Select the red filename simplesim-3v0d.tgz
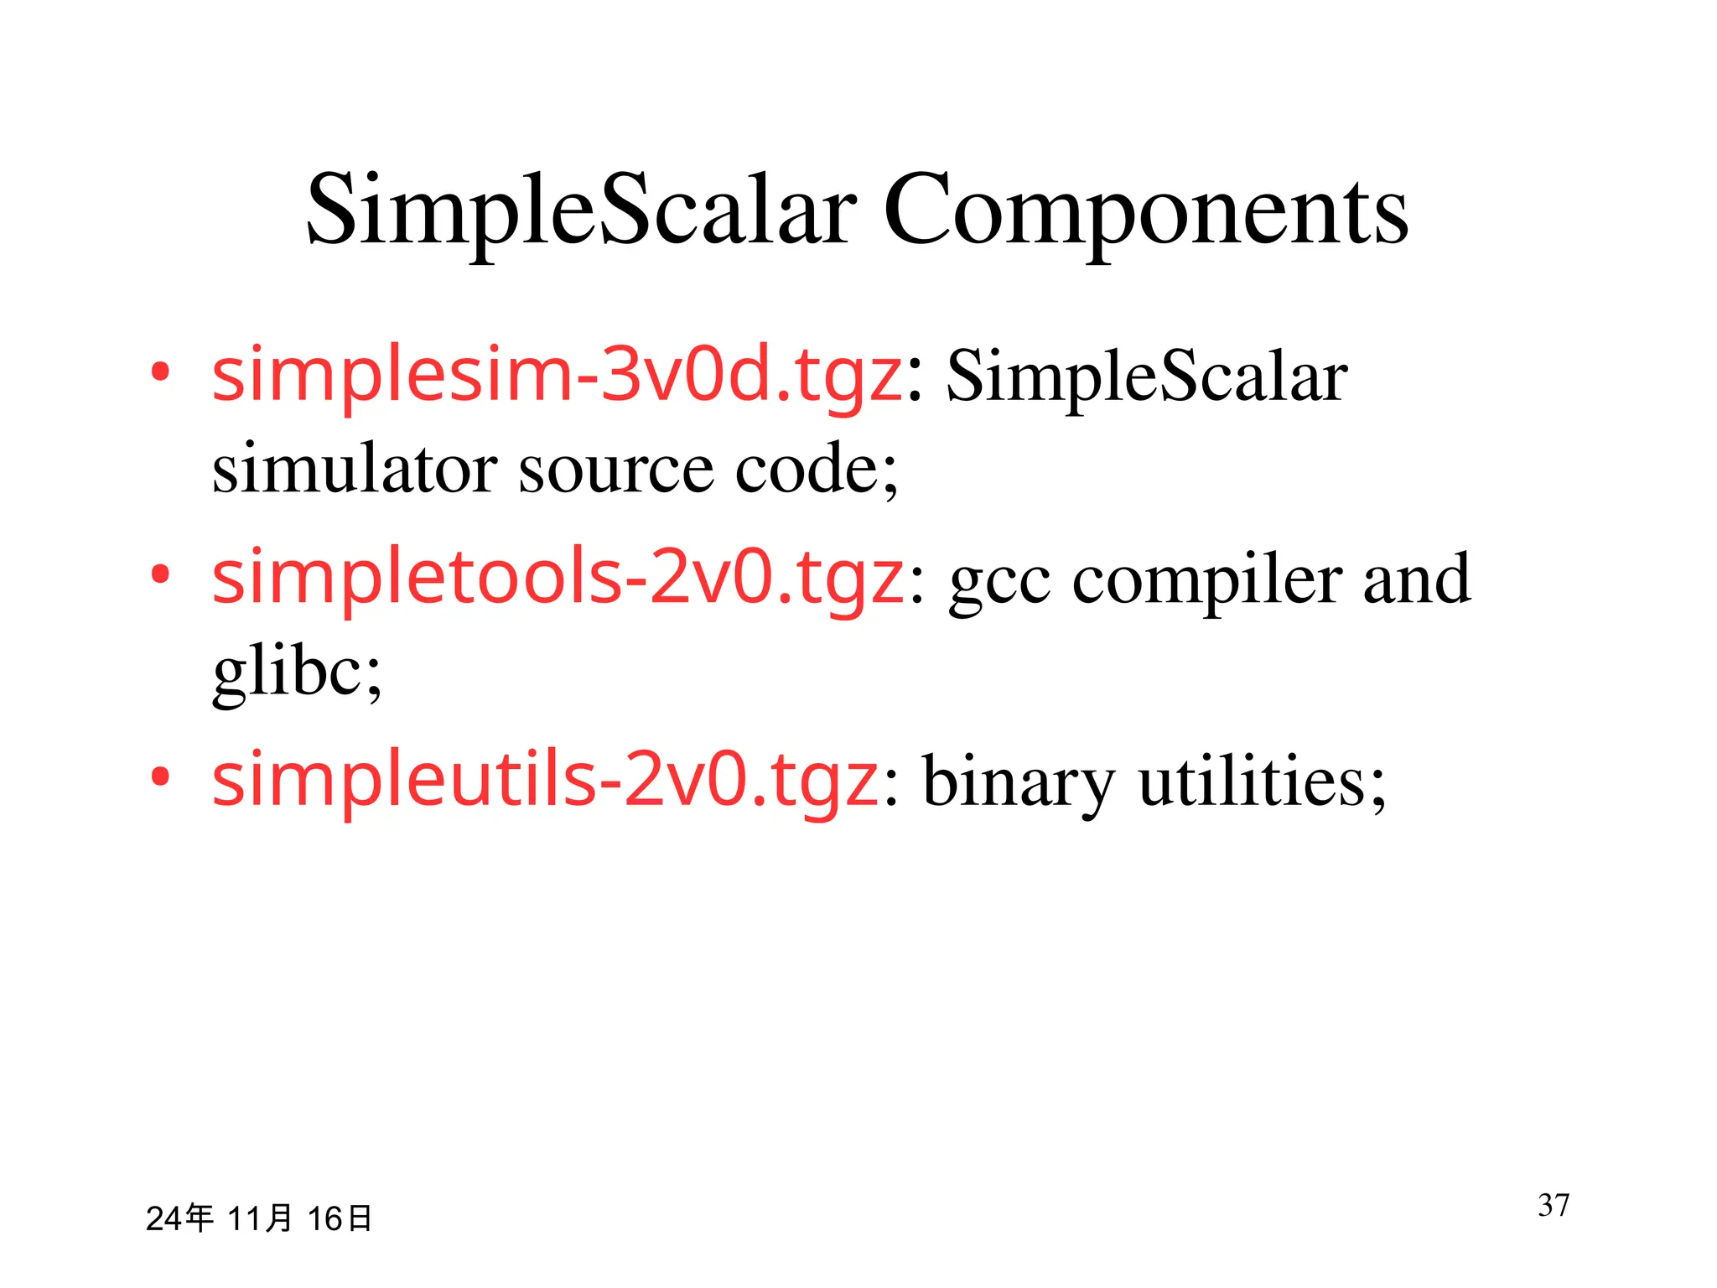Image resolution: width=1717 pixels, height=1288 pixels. point(557,376)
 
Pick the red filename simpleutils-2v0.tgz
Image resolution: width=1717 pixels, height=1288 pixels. point(545,781)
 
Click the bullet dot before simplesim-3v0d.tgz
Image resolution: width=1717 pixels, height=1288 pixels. point(160,371)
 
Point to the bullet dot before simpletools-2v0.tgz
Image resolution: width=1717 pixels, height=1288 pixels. point(160,574)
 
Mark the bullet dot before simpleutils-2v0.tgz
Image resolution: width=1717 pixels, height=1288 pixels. point(160,776)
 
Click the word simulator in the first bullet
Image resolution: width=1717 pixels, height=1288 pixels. point(355,468)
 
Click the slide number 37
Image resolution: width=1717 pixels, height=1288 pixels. point(1554,1205)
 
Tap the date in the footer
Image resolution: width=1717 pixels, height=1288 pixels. point(258,1218)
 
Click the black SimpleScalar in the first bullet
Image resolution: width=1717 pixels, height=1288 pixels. point(1146,377)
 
